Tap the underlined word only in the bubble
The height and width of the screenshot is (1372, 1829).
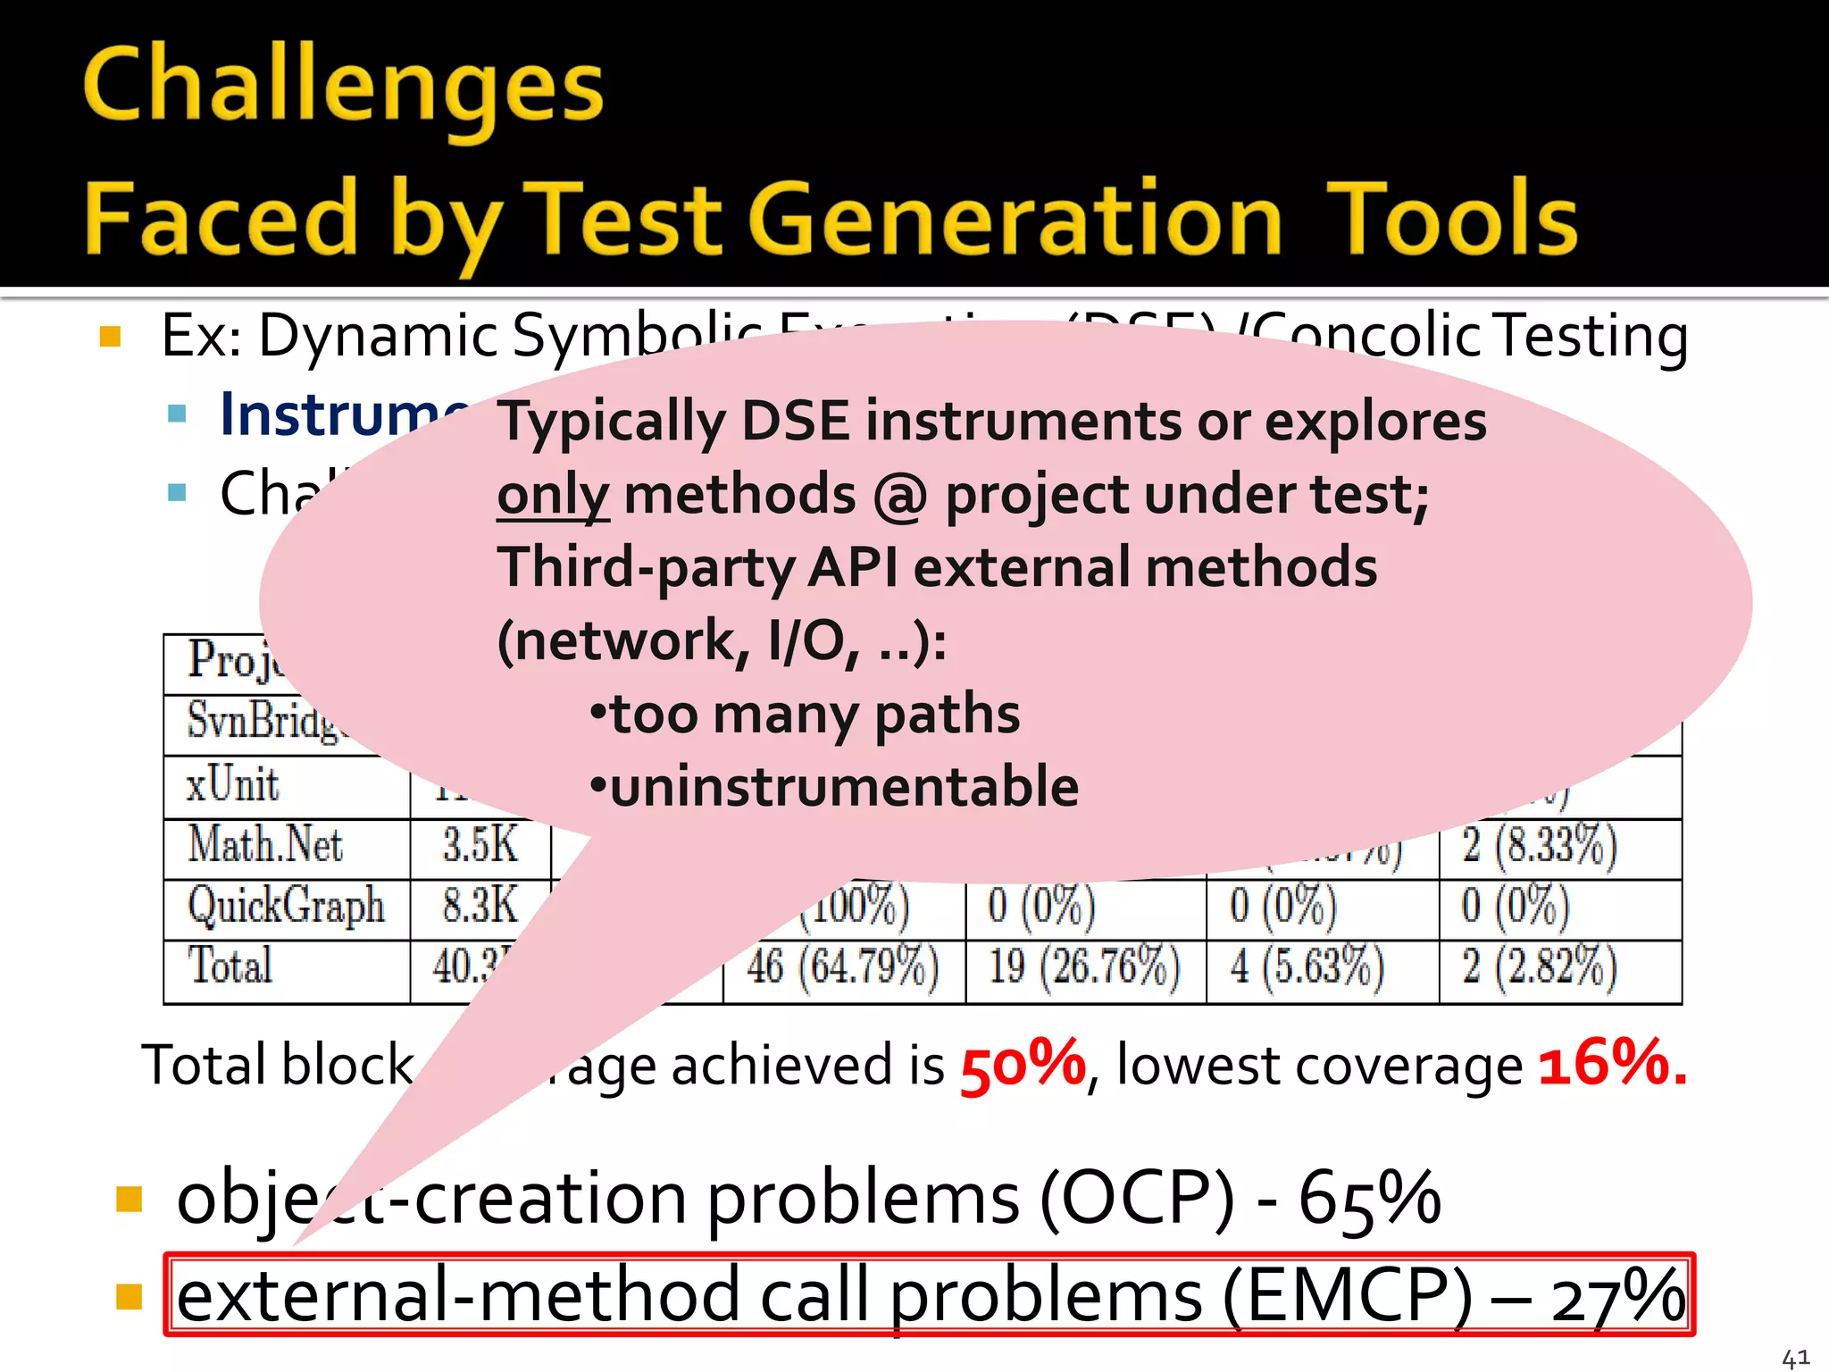[x=553, y=496]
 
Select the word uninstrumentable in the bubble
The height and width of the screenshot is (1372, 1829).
[x=844, y=787]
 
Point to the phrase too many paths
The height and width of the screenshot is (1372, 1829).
[x=814, y=715]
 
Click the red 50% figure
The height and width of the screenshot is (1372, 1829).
[x=1022, y=1065]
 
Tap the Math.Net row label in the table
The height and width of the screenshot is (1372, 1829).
[x=265, y=845]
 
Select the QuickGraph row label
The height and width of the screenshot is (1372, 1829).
[x=286, y=907]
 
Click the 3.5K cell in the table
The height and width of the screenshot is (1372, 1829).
[x=480, y=845]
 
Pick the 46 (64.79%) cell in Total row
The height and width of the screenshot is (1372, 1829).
[x=843, y=967]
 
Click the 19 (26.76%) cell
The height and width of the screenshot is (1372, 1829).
[x=1084, y=967]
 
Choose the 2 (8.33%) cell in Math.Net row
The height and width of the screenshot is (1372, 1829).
[x=1539, y=845]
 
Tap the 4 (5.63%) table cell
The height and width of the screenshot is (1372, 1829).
[x=1307, y=967]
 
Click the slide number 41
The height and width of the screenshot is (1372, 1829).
[x=1795, y=1359]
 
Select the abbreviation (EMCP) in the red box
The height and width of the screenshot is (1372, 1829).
[x=1347, y=1297]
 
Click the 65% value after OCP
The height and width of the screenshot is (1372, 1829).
[x=1369, y=1199]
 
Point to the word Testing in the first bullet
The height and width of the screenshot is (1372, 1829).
[x=1591, y=337]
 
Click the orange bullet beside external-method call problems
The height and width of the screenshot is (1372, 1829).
[x=129, y=1296]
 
